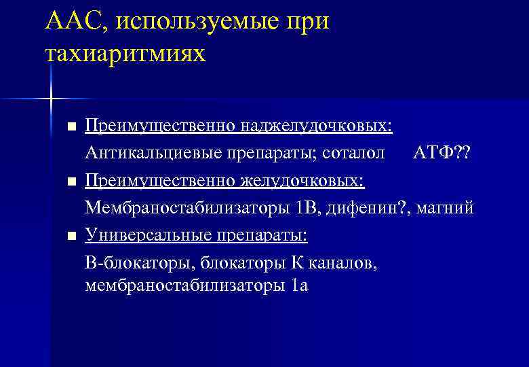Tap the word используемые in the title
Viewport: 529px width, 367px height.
coord(197,22)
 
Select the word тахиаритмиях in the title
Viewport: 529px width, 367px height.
coord(125,52)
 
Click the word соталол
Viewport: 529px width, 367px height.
coord(352,153)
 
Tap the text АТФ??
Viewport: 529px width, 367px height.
coord(442,153)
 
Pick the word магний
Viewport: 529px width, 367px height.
coord(445,207)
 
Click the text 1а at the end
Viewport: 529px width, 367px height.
coord(299,285)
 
